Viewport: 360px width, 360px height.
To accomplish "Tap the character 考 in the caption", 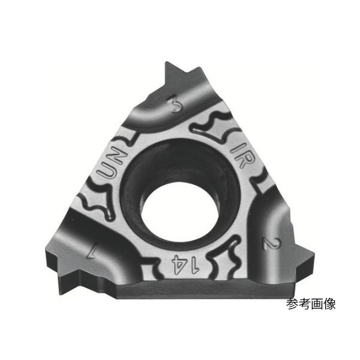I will [307, 304].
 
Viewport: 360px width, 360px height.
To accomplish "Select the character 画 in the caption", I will [319, 304].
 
